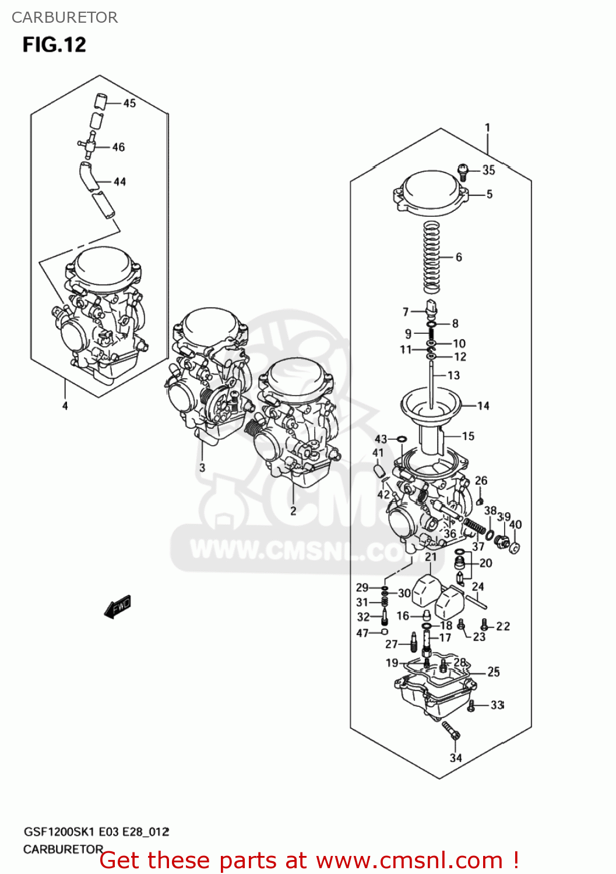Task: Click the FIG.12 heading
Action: pyautogui.click(x=54, y=45)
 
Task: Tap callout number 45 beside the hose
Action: pyautogui.click(x=129, y=103)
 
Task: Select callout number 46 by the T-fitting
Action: pyautogui.click(x=118, y=147)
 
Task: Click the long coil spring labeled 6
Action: pyautogui.click(x=431, y=256)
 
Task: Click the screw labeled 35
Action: pyautogui.click(x=463, y=171)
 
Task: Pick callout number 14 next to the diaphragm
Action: pyautogui.click(x=483, y=406)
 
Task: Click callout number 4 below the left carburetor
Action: pyautogui.click(x=65, y=406)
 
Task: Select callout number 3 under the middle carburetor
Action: pyautogui.click(x=202, y=467)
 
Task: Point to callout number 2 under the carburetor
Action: pyautogui.click(x=293, y=511)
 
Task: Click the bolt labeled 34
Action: pyautogui.click(x=451, y=731)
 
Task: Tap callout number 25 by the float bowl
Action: pyautogui.click(x=494, y=672)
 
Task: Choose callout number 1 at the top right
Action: pyautogui.click(x=487, y=128)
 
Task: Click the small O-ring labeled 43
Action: pyautogui.click(x=402, y=439)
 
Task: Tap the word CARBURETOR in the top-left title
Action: pyautogui.click(x=65, y=17)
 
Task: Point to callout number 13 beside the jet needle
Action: pyautogui.click(x=453, y=375)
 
